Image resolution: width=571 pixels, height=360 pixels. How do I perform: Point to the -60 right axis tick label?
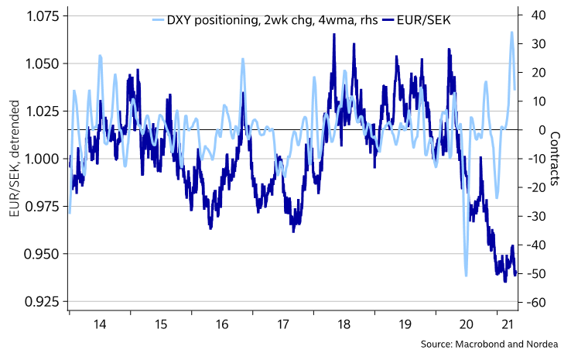[x=537, y=302]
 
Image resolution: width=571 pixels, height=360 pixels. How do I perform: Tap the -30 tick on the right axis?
[x=537, y=216]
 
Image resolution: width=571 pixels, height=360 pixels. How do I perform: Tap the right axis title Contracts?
[x=555, y=159]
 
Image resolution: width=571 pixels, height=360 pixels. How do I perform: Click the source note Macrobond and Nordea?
[x=493, y=344]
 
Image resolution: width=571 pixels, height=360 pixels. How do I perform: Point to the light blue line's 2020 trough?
[x=466, y=275]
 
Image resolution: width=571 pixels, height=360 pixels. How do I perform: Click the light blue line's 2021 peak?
[x=511, y=33]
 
